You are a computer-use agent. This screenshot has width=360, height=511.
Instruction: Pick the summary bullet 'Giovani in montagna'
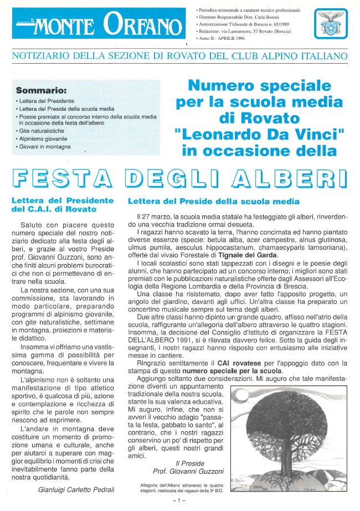tap(43, 146)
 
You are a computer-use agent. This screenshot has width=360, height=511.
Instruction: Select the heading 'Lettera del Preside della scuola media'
tap(214, 201)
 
